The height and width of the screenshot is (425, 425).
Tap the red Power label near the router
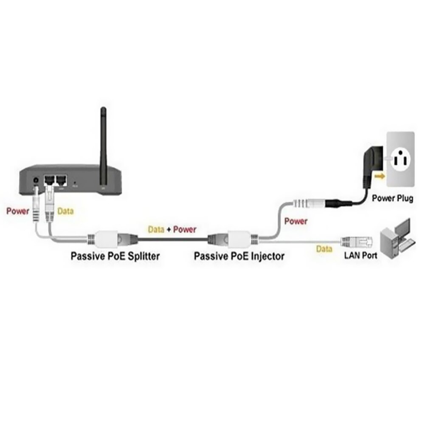[18, 211]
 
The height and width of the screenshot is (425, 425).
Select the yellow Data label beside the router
[65, 211]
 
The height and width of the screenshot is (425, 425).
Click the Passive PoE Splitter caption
[115, 256]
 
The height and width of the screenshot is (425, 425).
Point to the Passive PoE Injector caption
[239, 256]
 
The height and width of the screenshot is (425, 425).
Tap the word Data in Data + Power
[156, 229]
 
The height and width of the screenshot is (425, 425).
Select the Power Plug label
[392, 198]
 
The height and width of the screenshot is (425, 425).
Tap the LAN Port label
[360, 256]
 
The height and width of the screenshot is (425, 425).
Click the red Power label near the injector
[296, 221]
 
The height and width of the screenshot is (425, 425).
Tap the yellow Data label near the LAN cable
[324, 249]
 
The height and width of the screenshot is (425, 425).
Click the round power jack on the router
[36, 181]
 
